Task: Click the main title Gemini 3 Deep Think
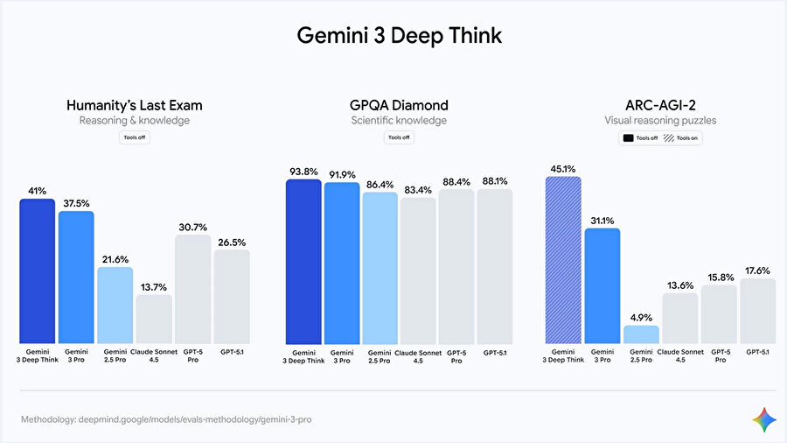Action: click(x=399, y=36)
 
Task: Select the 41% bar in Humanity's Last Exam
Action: click(x=38, y=271)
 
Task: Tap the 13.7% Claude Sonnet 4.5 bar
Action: click(x=154, y=319)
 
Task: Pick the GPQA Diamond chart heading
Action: click(x=399, y=105)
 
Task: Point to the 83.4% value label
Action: click(x=418, y=189)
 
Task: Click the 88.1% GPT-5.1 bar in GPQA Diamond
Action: click(x=495, y=266)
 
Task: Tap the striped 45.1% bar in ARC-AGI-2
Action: click(x=563, y=259)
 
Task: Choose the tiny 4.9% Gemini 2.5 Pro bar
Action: click(x=641, y=334)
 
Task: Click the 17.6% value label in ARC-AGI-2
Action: click(x=758, y=271)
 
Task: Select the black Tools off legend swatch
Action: click(x=628, y=138)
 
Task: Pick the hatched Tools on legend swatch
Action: click(x=670, y=138)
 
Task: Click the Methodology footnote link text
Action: click(x=166, y=420)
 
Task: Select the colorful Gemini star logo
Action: click(x=764, y=419)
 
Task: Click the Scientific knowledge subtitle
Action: click(x=399, y=121)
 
